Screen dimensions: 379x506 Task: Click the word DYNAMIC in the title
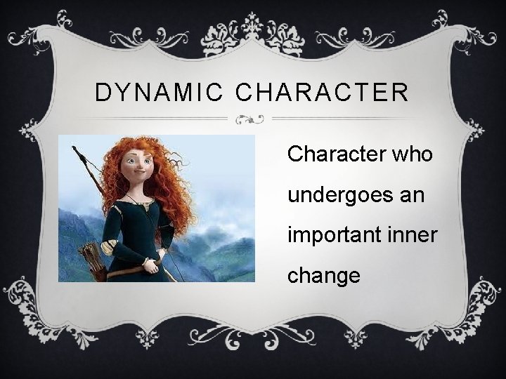point(149,92)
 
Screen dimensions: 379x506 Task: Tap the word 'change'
point(323,275)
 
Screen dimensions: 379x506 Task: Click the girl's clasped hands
point(150,265)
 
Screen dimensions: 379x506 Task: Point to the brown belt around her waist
point(126,269)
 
